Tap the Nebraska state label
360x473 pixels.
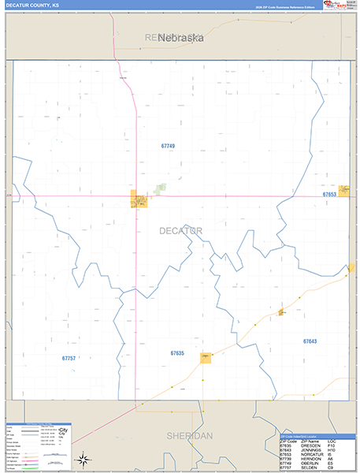[180, 37]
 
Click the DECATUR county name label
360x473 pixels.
[180, 230]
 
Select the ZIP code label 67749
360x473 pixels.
[167, 146]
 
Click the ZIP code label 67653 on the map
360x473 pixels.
[329, 194]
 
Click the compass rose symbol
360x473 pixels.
[81, 460]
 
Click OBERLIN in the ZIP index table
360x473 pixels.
[310, 464]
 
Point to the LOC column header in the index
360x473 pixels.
[331, 441]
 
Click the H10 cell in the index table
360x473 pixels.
[331, 450]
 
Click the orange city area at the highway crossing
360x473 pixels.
[137, 201]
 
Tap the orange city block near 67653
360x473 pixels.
[344, 192]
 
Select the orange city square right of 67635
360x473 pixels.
[206, 357]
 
